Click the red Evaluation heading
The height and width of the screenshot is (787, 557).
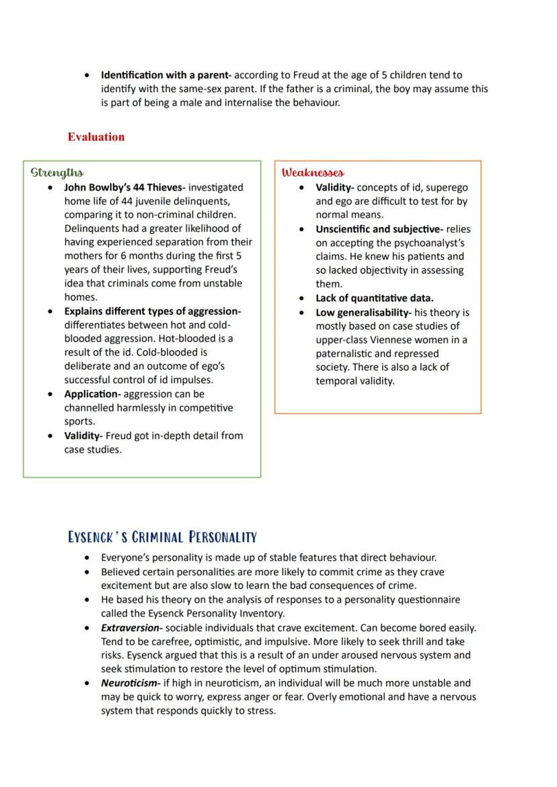[96, 137]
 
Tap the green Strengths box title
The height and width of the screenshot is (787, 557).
[57, 173]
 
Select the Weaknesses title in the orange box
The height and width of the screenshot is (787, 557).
[313, 173]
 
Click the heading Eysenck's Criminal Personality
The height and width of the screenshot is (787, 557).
[162, 537]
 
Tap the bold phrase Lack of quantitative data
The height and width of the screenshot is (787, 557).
[375, 298]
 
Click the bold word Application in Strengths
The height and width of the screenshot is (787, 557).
[92, 395]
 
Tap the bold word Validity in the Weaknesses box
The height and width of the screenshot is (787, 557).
[334, 188]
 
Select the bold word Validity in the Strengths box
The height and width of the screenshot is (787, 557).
[83, 436]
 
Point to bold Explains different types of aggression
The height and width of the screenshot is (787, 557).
[152, 311]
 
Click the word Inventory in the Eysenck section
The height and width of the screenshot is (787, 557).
[262, 614]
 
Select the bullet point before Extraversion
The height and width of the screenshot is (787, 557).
[89, 628]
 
